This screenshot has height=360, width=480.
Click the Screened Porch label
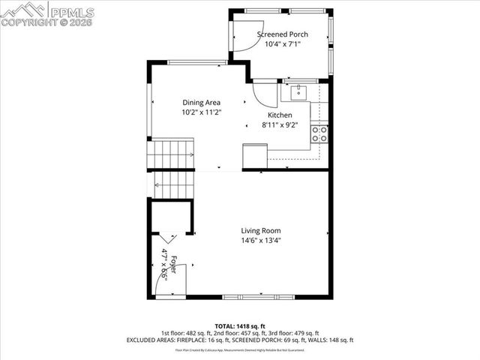pos(282,34)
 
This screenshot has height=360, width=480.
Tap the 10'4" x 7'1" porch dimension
pos(282,44)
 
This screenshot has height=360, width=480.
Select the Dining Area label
pos(201,103)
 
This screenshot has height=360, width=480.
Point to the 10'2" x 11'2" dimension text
pos(201,112)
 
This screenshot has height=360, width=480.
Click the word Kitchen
pos(280,115)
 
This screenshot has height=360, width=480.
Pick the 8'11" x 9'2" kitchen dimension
pos(280,124)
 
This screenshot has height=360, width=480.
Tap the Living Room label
pos(260,230)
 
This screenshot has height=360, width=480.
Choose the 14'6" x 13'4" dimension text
pos(260,240)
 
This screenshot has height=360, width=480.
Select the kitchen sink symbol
pos(297,92)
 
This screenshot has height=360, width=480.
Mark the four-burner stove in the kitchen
pos(319,134)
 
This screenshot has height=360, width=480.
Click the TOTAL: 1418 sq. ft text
pos(239,326)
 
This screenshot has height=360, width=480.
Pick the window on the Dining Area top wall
pos(197,61)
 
